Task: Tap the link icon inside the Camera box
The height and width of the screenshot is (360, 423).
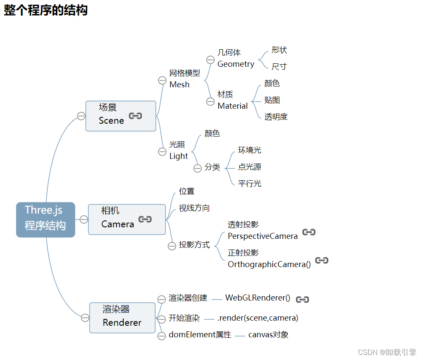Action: point(145,219)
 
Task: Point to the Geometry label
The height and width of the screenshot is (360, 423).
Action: point(235,64)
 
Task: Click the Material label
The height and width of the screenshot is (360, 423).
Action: point(232,106)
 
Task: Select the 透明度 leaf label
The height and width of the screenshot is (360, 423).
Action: point(276,116)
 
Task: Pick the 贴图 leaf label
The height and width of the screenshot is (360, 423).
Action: point(272,100)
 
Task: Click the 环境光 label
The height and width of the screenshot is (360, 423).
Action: point(250,150)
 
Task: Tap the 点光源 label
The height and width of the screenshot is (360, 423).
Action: point(250,167)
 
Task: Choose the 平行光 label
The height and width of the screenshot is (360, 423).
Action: point(250,184)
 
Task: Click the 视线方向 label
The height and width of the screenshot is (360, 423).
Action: point(194,208)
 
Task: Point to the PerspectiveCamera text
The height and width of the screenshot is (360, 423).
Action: point(262,236)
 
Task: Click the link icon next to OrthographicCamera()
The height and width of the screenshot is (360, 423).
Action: point(322,260)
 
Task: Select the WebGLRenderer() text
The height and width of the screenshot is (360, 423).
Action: point(258,298)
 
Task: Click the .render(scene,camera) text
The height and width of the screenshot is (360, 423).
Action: point(258,318)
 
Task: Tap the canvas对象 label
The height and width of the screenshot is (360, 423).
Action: point(268,335)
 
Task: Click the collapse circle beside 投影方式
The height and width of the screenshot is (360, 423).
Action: point(172,246)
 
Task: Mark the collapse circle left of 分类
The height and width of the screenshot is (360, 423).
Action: point(197,168)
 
